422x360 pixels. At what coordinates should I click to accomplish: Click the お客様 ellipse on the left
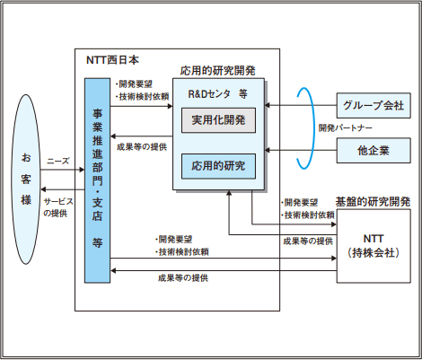[26, 180]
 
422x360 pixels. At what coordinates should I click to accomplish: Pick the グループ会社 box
[372, 104]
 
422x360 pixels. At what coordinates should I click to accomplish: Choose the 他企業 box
[372, 150]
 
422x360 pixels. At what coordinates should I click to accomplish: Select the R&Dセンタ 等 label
[216, 93]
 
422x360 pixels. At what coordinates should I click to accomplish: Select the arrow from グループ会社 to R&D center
[301, 105]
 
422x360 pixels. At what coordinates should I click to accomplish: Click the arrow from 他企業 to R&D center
[301, 151]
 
